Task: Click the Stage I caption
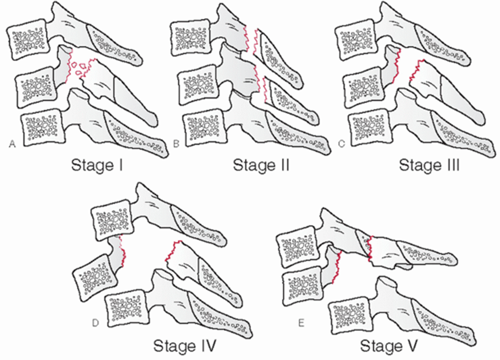(97, 165)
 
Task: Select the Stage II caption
(261, 165)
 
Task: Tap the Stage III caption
(429, 165)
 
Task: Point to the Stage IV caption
(185, 346)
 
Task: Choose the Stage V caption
(389, 346)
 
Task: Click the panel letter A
(12, 144)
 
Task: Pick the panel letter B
(176, 144)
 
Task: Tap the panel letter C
(342, 144)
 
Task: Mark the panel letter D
(95, 323)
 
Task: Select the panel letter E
(301, 323)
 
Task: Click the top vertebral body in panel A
(28, 40)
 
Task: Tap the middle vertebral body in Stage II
(198, 85)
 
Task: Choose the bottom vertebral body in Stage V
(350, 315)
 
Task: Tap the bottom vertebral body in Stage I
(43, 127)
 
